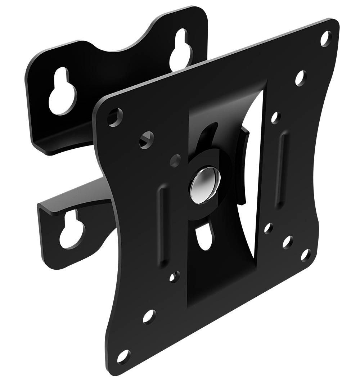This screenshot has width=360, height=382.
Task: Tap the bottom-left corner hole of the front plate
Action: tap(123, 356)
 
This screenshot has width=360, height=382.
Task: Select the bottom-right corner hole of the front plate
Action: tap(306, 255)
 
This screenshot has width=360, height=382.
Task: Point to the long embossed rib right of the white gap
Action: tap(281, 169)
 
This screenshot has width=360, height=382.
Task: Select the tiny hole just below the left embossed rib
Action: tap(174, 276)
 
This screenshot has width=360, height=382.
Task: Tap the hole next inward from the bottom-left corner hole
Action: tap(149, 316)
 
